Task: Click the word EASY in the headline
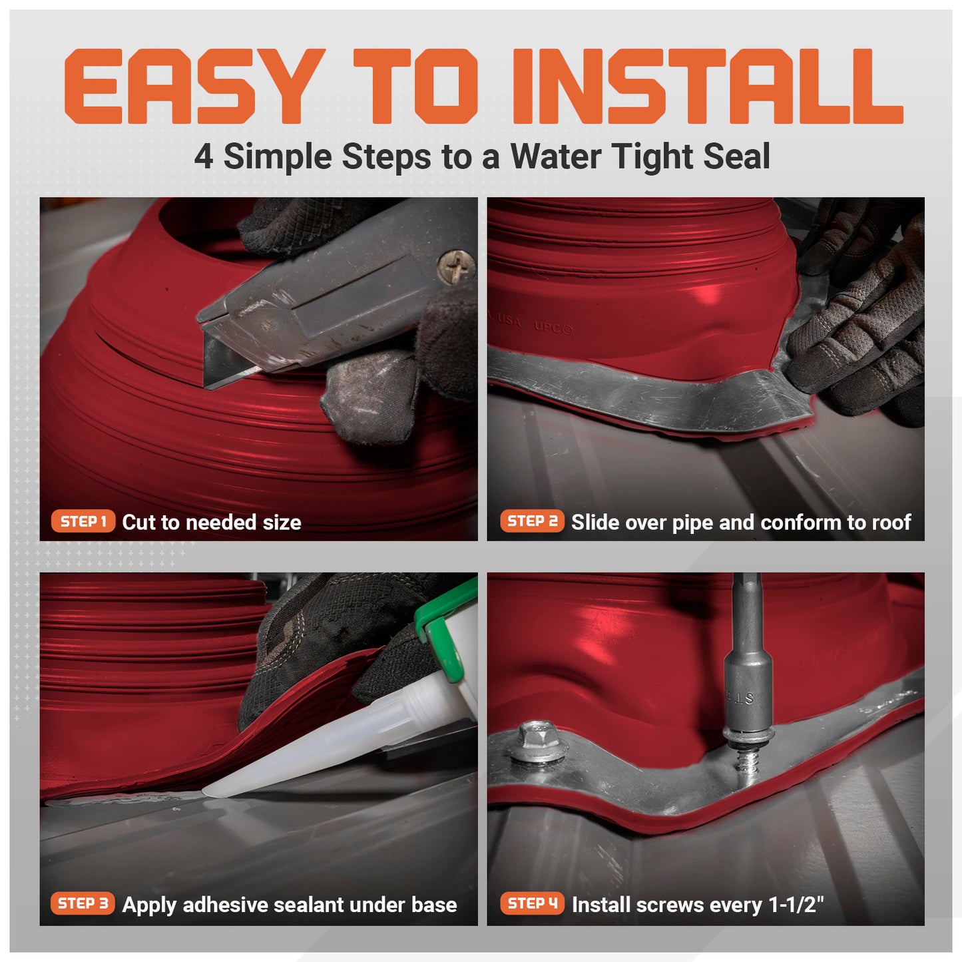point(190,87)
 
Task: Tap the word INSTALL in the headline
point(706,87)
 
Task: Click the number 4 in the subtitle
point(204,158)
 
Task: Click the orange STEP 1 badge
point(83,521)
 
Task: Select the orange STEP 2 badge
point(532,521)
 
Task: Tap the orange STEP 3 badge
point(83,903)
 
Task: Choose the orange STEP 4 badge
point(532,903)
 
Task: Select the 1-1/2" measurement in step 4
point(796,905)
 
